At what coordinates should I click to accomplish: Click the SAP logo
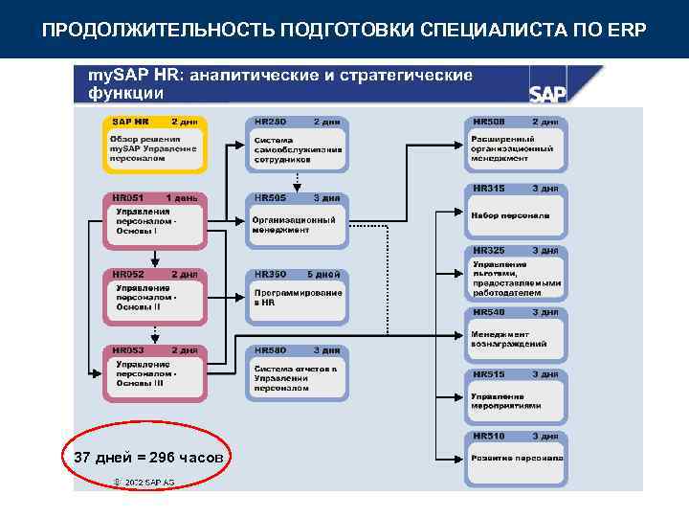(548, 92)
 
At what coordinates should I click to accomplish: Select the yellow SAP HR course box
(154, 144)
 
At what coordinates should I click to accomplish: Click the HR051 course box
(154, 219)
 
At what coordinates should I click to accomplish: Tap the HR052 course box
(154, 295)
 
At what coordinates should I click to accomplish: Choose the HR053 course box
(154, 372)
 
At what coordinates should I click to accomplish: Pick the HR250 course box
(298, 144)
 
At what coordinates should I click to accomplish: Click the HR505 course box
(298, 219)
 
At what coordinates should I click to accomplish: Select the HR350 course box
(298, 295)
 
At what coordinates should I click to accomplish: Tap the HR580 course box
(298, 372)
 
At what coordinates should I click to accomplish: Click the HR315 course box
(517, 210)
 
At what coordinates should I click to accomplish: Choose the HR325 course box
(517, 274)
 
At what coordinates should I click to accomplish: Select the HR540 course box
(517, 334)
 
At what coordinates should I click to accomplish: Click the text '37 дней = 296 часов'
(148, 459)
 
